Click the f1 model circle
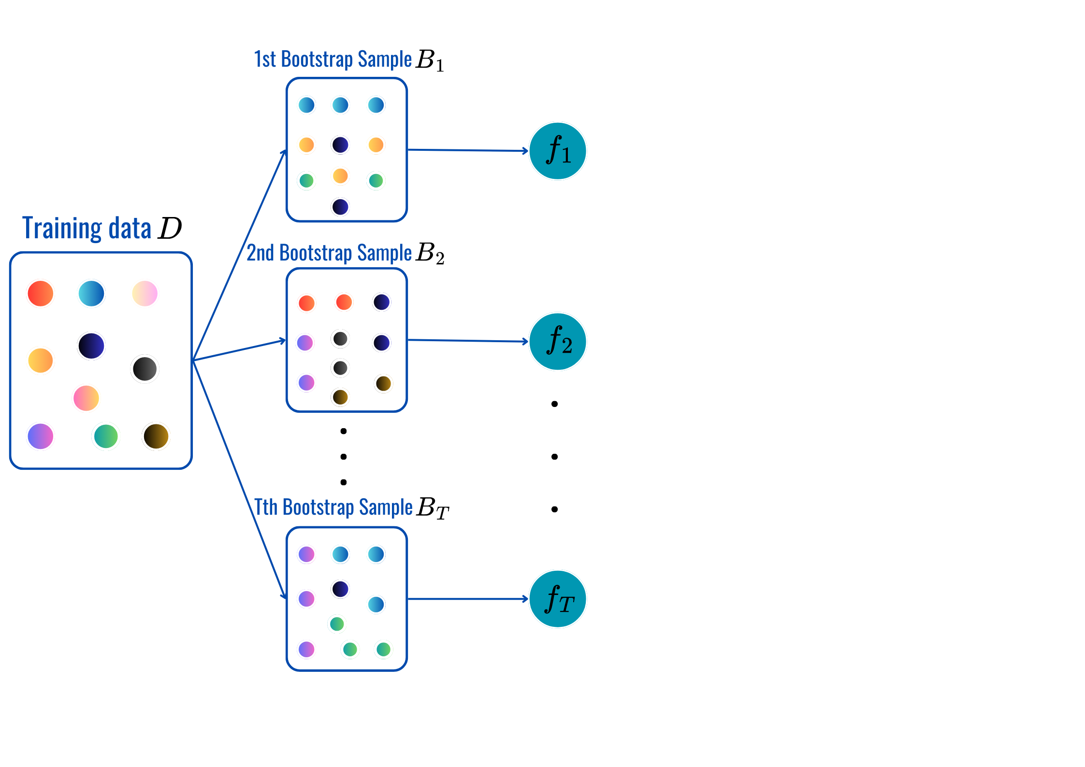click(558, 151)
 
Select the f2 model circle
click(558, 341)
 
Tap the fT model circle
click(558, 599)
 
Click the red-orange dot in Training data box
click(41, 293)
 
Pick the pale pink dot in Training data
click(145, 293)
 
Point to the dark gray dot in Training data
click(145, 369)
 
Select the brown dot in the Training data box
click(156, 436)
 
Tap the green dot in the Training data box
click(106, 436)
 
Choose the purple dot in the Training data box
click(41, 436)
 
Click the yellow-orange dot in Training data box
click(41, 361)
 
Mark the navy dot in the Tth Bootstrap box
click(340, 589)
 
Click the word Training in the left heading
click(62, 228)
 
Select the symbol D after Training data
click(170, 228)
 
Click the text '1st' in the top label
click(265, 59)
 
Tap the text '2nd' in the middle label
click(260, 253)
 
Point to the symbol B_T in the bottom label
click(433, 508)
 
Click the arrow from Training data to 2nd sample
click(239, 350)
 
